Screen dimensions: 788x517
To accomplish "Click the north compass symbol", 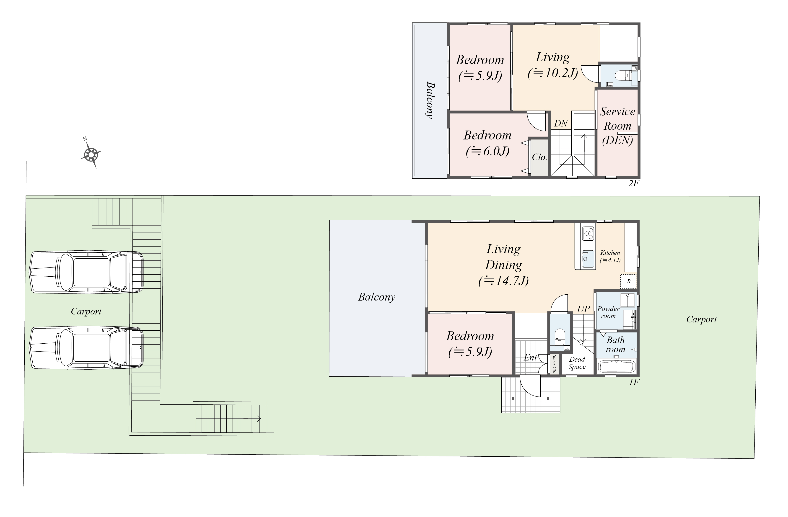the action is (91, 154).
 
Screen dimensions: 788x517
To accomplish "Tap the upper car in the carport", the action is (86, 272).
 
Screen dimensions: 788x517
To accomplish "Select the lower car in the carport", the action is (86, 348).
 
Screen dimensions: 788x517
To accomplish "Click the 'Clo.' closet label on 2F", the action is (539, 157).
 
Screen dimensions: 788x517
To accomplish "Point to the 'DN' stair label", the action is (561, 123).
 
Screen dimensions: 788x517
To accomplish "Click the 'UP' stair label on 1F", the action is (584, 309).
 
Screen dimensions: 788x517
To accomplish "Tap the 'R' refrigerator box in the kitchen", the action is (628, 281).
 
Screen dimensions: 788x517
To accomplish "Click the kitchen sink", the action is (588, 259).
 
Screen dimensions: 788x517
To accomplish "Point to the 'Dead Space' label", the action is (577, 363).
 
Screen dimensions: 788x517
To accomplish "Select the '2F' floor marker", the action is (633, 183).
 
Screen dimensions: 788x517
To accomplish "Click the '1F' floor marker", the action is (634, 382).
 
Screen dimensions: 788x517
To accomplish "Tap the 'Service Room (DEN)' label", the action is (617, 126).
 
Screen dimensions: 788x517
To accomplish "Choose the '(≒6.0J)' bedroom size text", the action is (487, 152).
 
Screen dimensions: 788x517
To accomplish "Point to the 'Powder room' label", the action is (608, 312).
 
